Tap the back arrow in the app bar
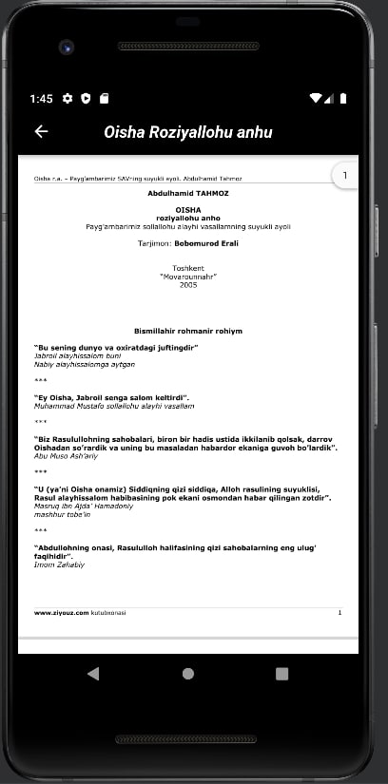(41, 132)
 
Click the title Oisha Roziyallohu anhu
(187, 132)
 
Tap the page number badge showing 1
(344, 176)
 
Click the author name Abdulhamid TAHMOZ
(188, 193)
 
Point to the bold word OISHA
(188, 209)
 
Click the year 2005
(188, 284)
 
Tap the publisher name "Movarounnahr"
(188, 277)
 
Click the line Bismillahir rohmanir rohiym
(188, 331)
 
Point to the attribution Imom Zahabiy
(59, 564)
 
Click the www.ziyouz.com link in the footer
(61, 613)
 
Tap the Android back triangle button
(93, 673)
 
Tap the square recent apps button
(281, 673)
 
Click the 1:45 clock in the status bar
(41, 98)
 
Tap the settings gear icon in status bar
(68, 98)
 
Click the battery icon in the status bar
(343, 98)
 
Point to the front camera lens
(66, 46)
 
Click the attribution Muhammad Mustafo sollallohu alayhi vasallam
(113, 406)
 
